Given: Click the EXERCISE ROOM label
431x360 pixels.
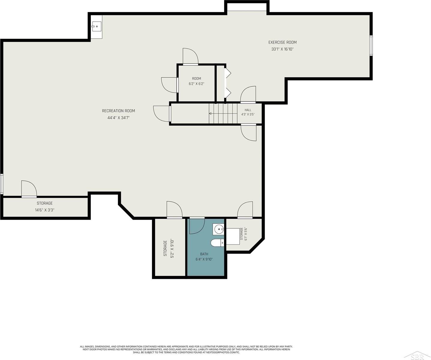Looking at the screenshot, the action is tap(282, 42).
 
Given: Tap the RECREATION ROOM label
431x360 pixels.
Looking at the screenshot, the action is tap(118, 111).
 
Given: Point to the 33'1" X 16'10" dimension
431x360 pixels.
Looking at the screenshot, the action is tap(282, 49).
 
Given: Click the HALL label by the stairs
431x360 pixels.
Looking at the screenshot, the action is tap(248, 110).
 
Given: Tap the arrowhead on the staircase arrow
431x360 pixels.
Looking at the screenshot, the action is tap(210, 113).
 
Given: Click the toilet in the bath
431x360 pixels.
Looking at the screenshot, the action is tap(217, 243).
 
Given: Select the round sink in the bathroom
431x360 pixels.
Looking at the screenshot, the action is tap(218, 229).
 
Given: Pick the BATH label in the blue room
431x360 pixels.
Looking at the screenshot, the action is tap(204, 254).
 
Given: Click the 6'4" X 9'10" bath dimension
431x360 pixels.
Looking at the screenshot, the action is tap(204, 259).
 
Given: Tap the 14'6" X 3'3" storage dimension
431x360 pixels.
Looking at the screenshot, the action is tap(45, 210).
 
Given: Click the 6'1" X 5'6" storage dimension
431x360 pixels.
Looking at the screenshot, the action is tap(246, 234).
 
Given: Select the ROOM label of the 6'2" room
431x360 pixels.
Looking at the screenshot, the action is tap(196, 79).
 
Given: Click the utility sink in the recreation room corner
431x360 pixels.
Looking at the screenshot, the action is tap(96, 26).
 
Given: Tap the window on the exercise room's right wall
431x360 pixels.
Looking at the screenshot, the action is tap(371, 45).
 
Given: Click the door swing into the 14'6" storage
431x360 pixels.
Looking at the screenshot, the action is tap(29, 189).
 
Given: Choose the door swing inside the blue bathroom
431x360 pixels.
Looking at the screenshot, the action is tap(197, 226).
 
